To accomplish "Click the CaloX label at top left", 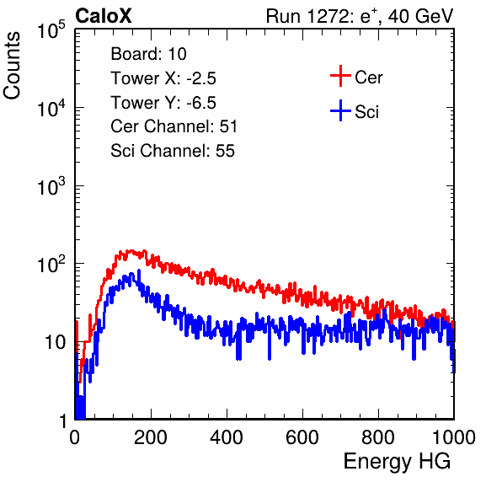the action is (x=104, y=16).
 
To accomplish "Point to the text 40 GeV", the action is (x=420, y=16).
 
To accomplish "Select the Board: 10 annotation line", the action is (x=148, y=53).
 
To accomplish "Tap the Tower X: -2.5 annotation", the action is (x=163, y=78).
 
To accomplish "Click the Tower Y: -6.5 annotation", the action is (x=163, y=103).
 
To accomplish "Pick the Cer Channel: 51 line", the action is (x=174, y=126).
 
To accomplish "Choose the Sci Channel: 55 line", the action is (x=173, y=151).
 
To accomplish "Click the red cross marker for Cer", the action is (x=340, y=76).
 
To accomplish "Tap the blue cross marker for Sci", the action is (x=340, y=110).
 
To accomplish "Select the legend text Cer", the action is (x=368, y=78).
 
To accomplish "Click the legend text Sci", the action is (x=366, y=112).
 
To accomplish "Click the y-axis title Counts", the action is (x=12, y=66).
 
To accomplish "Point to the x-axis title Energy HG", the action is (x=397, y=462).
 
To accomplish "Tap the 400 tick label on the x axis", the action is (x=227, y=437).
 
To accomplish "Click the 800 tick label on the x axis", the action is (x=378, y=437).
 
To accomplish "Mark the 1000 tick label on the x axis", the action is (x=454, y=437).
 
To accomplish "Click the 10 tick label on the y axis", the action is (x=56, y=342).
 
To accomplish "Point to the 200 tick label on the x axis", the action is (x=151, y=437).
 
